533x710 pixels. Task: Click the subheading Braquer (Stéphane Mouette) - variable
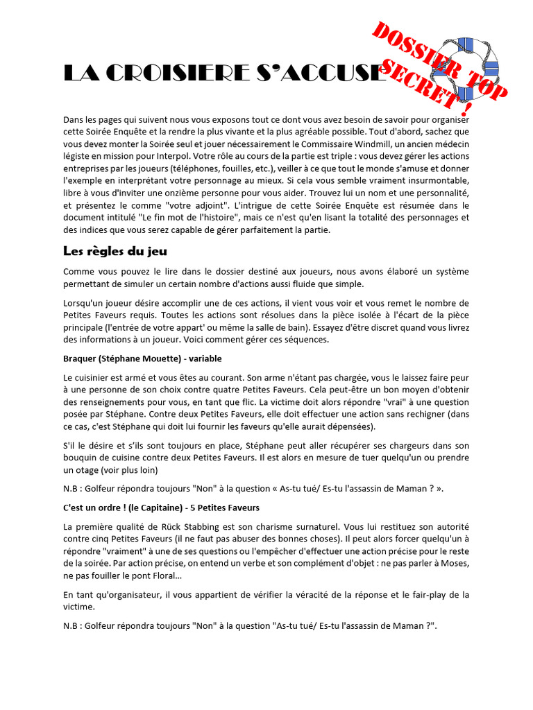pos(142,358)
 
